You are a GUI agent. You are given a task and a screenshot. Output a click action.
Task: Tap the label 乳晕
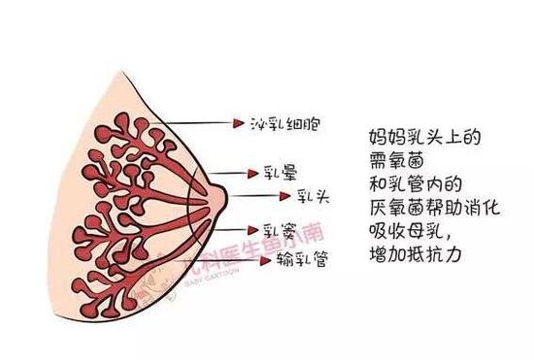pyautogui.click(x=277, y=175)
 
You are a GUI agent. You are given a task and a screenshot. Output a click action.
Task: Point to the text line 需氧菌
pyautogui.click(x=396, y=156)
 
